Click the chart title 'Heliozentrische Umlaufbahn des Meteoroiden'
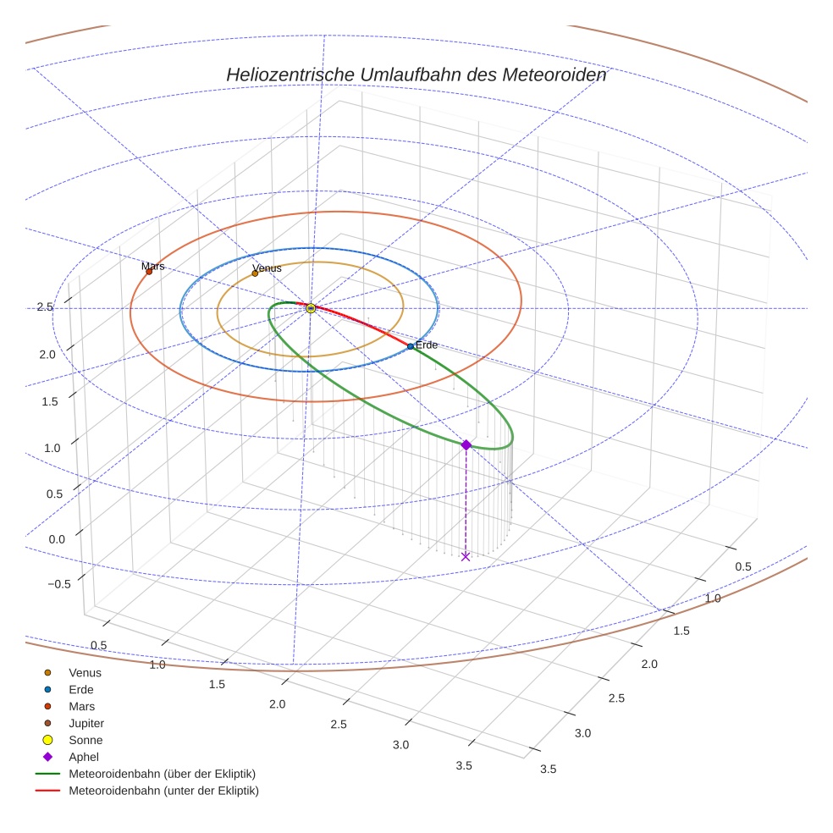pos(416,74)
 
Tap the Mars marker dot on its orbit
pos(149,272)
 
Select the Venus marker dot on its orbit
pos(255,273)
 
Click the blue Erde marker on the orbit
pos(411,346)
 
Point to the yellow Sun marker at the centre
pos(311,308)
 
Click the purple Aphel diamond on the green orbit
pos(466,444)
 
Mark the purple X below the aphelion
pos(465,556)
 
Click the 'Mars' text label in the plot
pos(153,266)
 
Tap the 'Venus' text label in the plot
pos(268,268)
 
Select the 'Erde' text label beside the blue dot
pos(427,345)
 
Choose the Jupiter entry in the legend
pos(86,723)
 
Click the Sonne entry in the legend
pos(86,740)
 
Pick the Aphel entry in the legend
pos(84,757)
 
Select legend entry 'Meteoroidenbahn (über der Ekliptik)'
pos(162,774)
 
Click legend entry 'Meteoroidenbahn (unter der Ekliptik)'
pos(163,791)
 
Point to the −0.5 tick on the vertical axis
pos(59,584)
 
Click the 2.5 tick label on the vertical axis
pos(46,306)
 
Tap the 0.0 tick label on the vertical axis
pos(58,539)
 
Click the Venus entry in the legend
pos(85,672)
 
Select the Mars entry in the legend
pos(82,706)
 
